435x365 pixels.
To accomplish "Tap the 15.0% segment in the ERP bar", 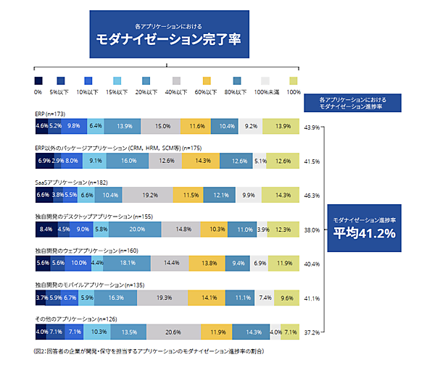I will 162,126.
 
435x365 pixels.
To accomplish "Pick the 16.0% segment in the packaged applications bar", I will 128,161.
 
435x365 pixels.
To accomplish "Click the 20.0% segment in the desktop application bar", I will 136,230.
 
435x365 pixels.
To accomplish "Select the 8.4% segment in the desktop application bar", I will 45,230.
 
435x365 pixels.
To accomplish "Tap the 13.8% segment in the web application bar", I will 208,264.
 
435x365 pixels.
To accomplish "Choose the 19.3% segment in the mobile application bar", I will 164,298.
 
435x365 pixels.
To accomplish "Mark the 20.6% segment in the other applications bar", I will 173,333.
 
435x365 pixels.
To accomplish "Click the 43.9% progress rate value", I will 312,127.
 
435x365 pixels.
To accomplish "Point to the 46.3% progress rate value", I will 312,196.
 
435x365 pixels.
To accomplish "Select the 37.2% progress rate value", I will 312,334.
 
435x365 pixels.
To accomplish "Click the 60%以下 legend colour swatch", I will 204,80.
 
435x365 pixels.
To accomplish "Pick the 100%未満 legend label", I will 265,93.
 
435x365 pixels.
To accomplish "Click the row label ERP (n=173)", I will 50,114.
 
